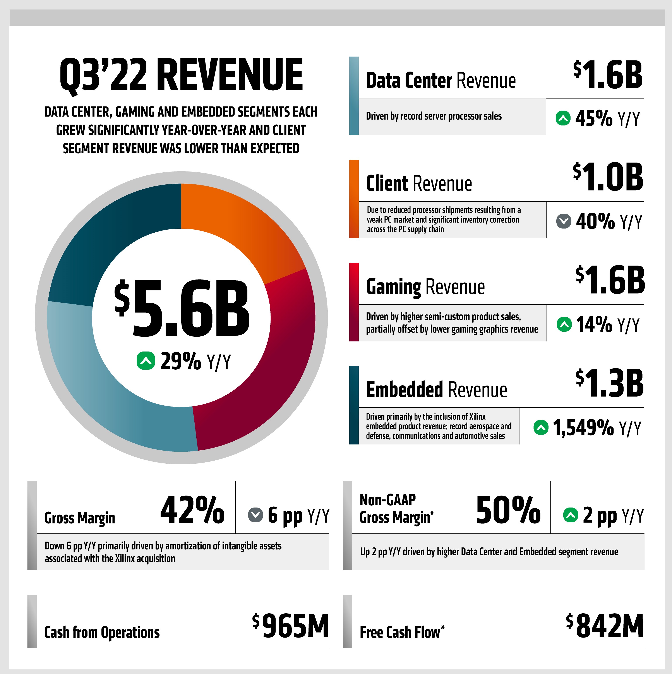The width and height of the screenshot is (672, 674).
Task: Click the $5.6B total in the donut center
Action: click(182, 309)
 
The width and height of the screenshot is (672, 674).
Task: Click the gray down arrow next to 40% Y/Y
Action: click(564, 221)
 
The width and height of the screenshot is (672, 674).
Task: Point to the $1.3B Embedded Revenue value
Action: click(610, 384)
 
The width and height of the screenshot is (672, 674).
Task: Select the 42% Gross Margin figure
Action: click(192, 510)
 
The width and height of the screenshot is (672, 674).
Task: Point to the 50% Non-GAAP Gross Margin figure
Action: click(508, 510)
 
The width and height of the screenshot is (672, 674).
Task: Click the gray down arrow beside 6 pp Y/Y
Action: click(255, 515)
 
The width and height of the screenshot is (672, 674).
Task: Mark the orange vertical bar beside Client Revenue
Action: click(354, 199)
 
